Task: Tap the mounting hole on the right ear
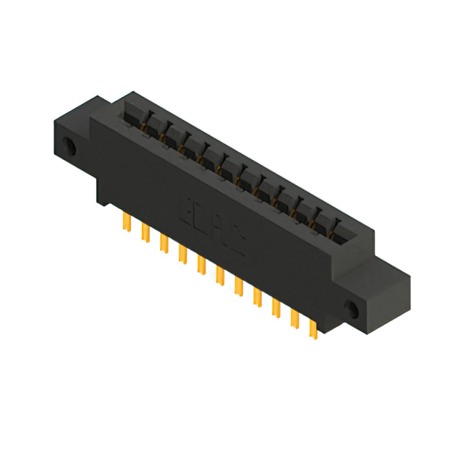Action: point(354,309)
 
